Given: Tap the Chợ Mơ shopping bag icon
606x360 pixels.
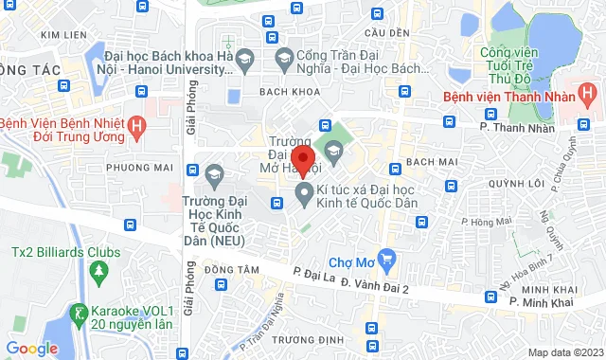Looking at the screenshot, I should (385, 258).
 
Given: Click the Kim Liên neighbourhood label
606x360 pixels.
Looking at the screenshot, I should (63, 35).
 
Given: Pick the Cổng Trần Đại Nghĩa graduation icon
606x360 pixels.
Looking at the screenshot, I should (281, 60).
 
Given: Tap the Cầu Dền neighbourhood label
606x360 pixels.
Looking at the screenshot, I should (387, 33).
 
